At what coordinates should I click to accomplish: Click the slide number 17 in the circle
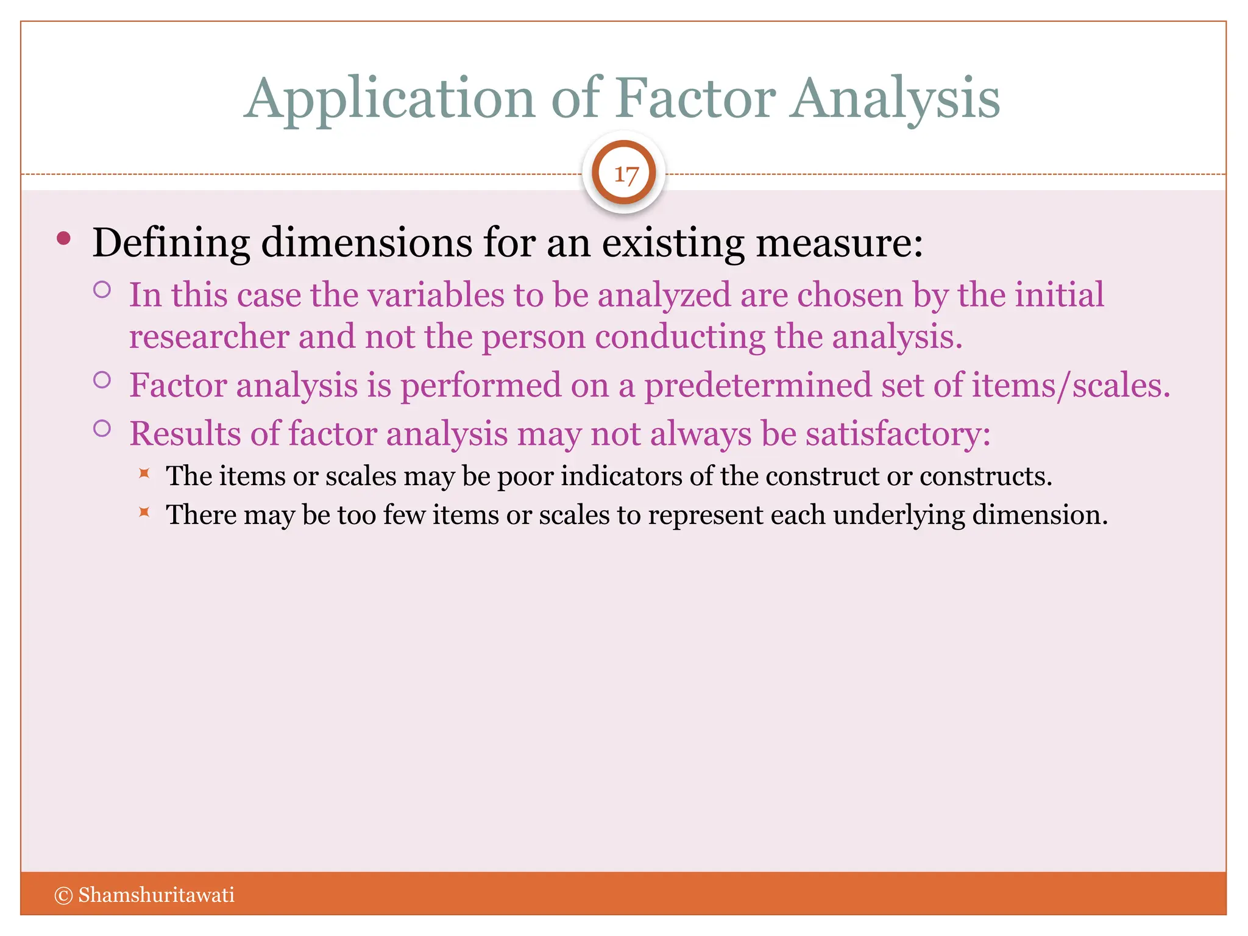point(625,175)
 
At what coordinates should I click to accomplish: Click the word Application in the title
point(390,99)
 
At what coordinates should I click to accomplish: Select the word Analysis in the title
point(895,99)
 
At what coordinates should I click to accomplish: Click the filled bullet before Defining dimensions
point(63,238)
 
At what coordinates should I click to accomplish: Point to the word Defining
point(171,243)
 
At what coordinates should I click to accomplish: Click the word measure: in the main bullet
point(839,243)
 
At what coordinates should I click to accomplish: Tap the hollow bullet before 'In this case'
point(102,289)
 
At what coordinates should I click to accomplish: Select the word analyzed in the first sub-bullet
point(664,295)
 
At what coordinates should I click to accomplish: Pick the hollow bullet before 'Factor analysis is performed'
point(102,380)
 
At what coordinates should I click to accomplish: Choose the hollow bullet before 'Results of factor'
point(102,428)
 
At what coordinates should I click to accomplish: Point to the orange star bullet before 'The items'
point(144,473)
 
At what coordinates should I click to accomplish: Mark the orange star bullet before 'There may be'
point(144,511)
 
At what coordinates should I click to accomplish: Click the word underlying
point(899,515)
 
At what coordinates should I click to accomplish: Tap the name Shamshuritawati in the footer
point(156,895)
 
